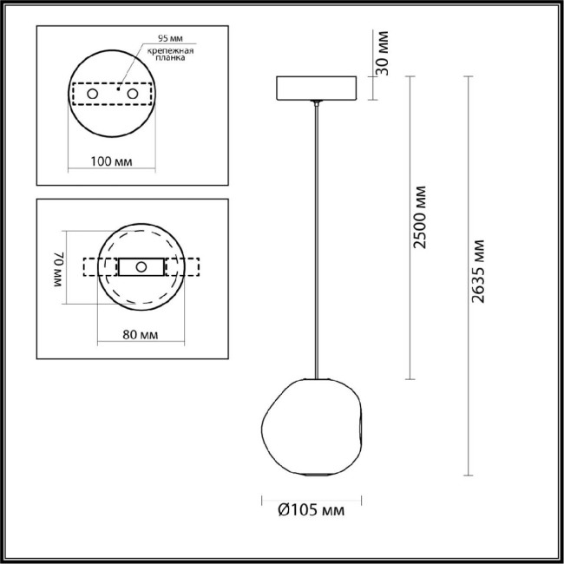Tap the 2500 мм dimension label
pyautogui.click(x=420, y=217)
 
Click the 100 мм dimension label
pyautogui.click(x=112, y=161)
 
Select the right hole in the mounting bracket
pyautogui.click(x=133, y=92)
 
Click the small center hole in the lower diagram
pyautogui.click(x=140, y=266)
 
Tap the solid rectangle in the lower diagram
pyautogui.click(x=140, y=266)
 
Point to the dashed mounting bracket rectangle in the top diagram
pyautogui.click(x=112, y=92)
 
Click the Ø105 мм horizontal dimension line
pyautogui.click(x=312, y=497)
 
